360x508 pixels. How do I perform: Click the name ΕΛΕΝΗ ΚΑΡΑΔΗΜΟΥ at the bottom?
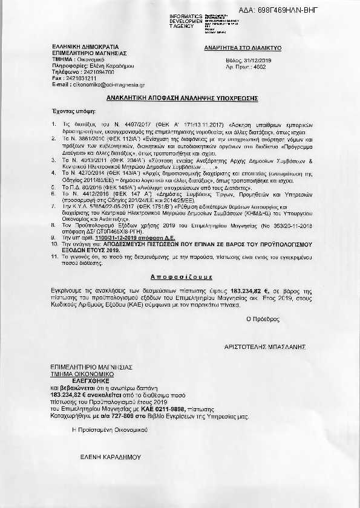click(x=100, y=459)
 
